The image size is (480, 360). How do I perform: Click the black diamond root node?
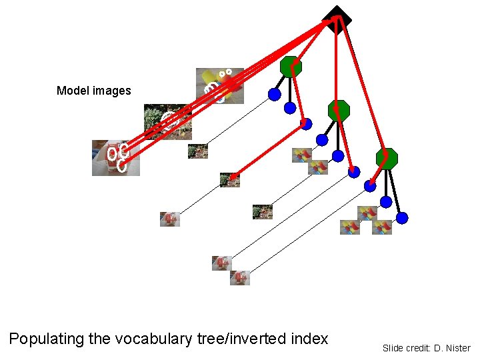pos(337,19)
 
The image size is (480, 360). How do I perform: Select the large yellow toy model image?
pos(219,85)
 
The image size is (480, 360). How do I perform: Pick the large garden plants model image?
pos(167,121)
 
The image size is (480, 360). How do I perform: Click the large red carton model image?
pos(115,157)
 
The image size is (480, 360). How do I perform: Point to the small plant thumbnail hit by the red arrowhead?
pos(229,179)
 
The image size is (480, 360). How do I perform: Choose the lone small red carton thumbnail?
pos(170,219)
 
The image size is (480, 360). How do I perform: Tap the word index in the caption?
pos(310,339)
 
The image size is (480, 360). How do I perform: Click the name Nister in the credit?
pos(457,348)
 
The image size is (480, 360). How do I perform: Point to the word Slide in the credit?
pos(393,348)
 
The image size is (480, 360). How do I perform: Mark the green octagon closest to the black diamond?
pos(291,67)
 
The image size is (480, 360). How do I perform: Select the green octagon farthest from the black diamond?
pos(387,159)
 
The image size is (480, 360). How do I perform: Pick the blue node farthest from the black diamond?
pos(402,218)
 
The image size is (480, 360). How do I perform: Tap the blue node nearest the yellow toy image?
pos(274,95)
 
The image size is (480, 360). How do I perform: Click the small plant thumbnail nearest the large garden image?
pos(198,151)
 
